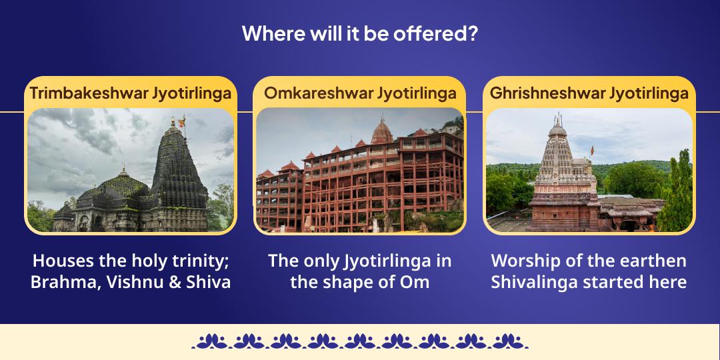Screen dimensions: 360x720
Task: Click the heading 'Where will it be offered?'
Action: tap(359, 33)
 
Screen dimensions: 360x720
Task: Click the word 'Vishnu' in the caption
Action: tap(139, 282)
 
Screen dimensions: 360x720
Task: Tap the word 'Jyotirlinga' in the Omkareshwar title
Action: tap(417, 93)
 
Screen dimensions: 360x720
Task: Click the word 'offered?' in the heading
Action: tap(441, 33)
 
